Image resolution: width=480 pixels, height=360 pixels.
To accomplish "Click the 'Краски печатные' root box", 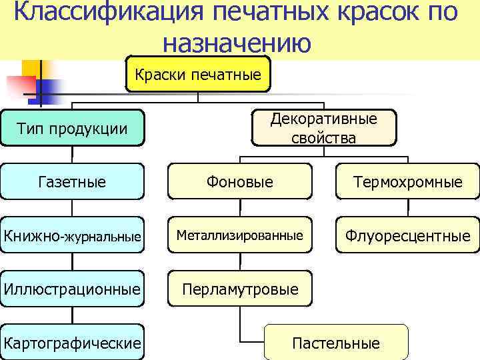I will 198,74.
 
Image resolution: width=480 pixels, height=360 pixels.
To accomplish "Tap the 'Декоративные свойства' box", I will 323,128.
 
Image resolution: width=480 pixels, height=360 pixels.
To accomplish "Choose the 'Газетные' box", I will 73,181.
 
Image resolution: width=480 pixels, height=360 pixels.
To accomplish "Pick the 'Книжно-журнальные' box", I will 72,235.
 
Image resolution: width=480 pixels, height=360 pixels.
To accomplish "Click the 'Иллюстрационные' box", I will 72,289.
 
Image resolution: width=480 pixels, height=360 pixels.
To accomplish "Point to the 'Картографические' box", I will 72,343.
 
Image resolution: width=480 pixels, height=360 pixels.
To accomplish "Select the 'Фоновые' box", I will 239,181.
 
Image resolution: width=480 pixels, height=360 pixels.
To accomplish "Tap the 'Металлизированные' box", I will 239,235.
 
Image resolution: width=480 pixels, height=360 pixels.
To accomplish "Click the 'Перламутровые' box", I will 239,289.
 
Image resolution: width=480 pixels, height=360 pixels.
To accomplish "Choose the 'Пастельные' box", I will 336,343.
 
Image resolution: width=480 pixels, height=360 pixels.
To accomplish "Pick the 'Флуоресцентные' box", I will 407,235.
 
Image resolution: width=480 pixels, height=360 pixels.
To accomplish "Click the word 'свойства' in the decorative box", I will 323,138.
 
